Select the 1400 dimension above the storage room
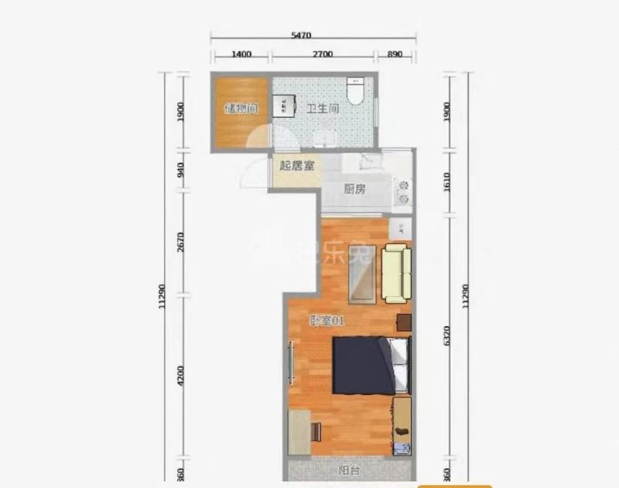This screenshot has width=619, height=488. pyautogui.click(x=241, y=54)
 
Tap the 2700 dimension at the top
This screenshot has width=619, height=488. pyautogui.click(x=322, y=54)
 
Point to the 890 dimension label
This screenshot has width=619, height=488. pyautogui.click(x=395, y=54)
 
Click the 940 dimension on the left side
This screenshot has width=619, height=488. pyautogui.click(x=180, y=170)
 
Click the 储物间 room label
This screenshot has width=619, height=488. pyautogui.click(x=241, y=108)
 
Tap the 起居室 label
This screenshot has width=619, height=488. pyautogui.click(x=296, y=166)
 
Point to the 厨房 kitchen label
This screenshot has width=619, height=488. pyautogui.click(x=354, y=189)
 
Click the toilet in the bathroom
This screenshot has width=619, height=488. pyautogui.click(x=355, y=93)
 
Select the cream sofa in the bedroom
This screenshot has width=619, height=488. pyautogui.click(x=396, y=273)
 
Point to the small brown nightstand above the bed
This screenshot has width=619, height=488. pyautogui.click(x=403, y=322)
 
